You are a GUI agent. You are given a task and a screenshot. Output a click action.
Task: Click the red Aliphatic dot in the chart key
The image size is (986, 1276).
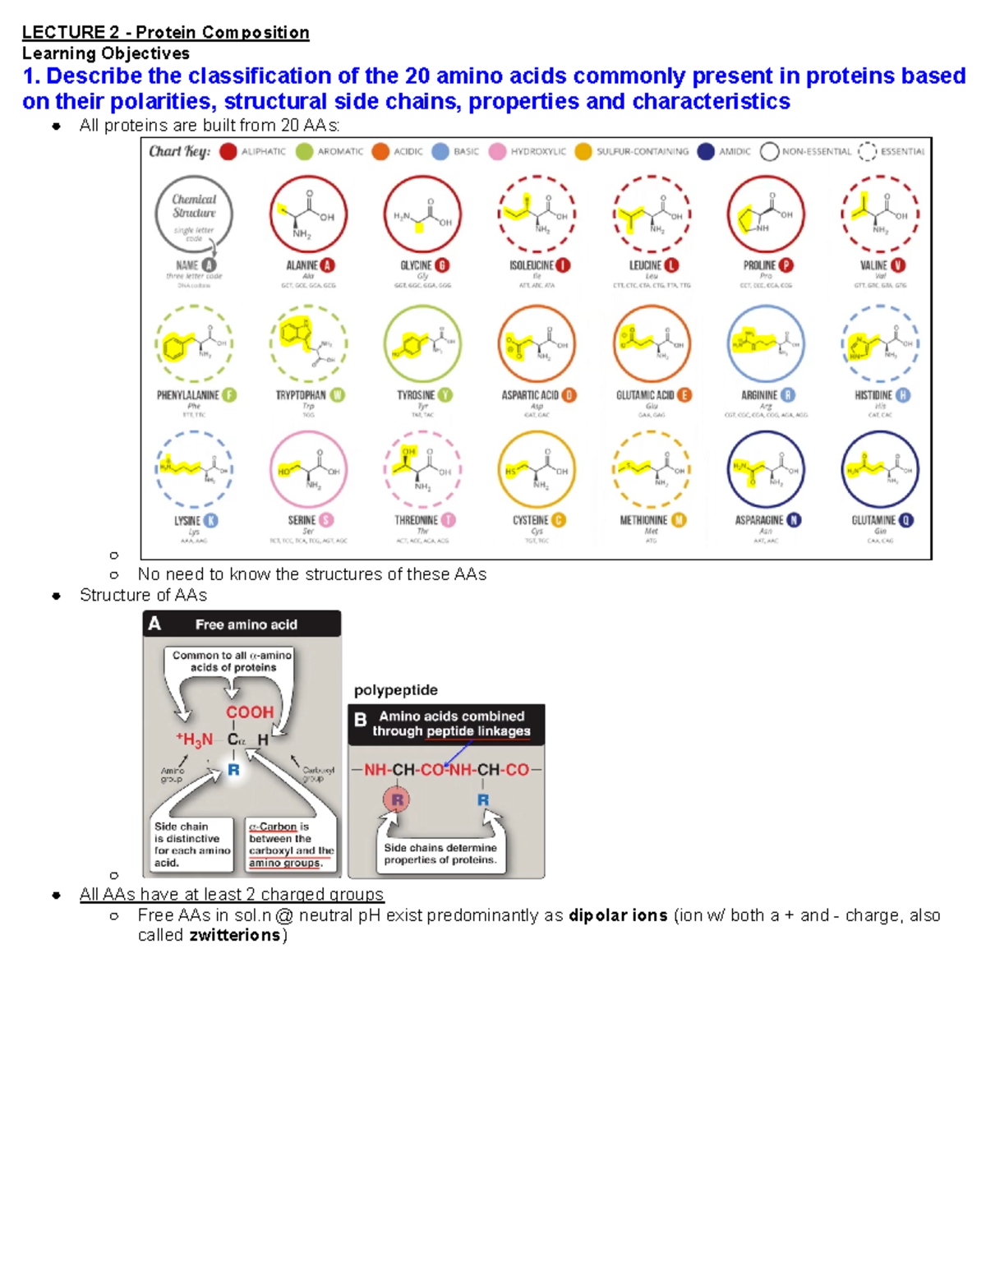tap(228, 151)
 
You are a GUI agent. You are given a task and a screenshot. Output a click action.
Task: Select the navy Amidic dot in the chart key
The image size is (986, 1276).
tap(705, 151)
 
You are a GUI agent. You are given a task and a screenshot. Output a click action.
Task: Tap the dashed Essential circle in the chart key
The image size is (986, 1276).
tap(867, 151)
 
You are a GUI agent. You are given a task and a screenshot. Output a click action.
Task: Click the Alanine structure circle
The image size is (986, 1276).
tap(308, 214)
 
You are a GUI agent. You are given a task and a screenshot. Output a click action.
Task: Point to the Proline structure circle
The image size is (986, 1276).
tap(766, 214)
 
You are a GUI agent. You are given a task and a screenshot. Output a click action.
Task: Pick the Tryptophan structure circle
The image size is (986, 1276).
tap(308, 343)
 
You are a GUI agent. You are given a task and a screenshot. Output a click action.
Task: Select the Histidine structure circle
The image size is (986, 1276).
tap(880, 343)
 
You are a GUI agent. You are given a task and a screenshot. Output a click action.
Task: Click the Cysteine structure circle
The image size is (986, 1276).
tap(537, 469)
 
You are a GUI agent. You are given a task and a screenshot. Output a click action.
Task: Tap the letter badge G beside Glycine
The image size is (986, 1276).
tap(442, 265)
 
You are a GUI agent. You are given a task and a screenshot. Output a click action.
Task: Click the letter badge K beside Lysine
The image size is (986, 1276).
tap(211, 521)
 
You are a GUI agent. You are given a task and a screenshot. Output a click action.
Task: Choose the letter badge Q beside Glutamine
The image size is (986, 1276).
tap(906, 521)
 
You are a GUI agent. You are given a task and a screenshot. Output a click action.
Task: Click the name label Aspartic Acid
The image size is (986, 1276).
tap(530, 395)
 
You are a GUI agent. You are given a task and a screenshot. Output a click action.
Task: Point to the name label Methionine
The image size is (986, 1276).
tap(643, 521)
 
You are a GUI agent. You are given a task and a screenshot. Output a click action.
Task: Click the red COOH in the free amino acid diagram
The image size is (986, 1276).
tap(250, 712)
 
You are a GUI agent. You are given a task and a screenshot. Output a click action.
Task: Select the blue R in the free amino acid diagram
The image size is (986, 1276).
tap(234, 770)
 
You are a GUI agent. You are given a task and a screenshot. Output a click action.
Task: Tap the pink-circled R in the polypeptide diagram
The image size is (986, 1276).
tap(397, 799)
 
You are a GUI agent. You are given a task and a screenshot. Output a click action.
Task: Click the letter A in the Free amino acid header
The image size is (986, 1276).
tap(154, 624)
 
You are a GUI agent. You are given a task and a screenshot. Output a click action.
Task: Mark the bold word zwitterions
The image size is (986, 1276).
tap(235, 936)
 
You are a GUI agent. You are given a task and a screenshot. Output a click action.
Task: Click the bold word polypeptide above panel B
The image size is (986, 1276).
tap(395, 690)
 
